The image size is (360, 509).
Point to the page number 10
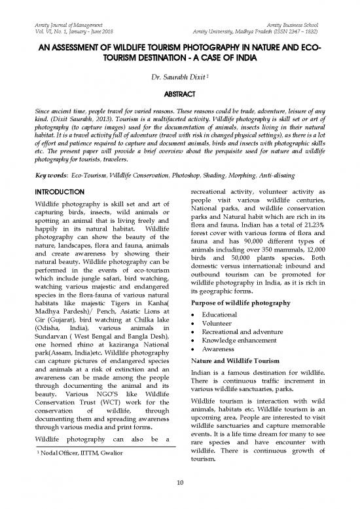pyautogui.click(x=179, y=483)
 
